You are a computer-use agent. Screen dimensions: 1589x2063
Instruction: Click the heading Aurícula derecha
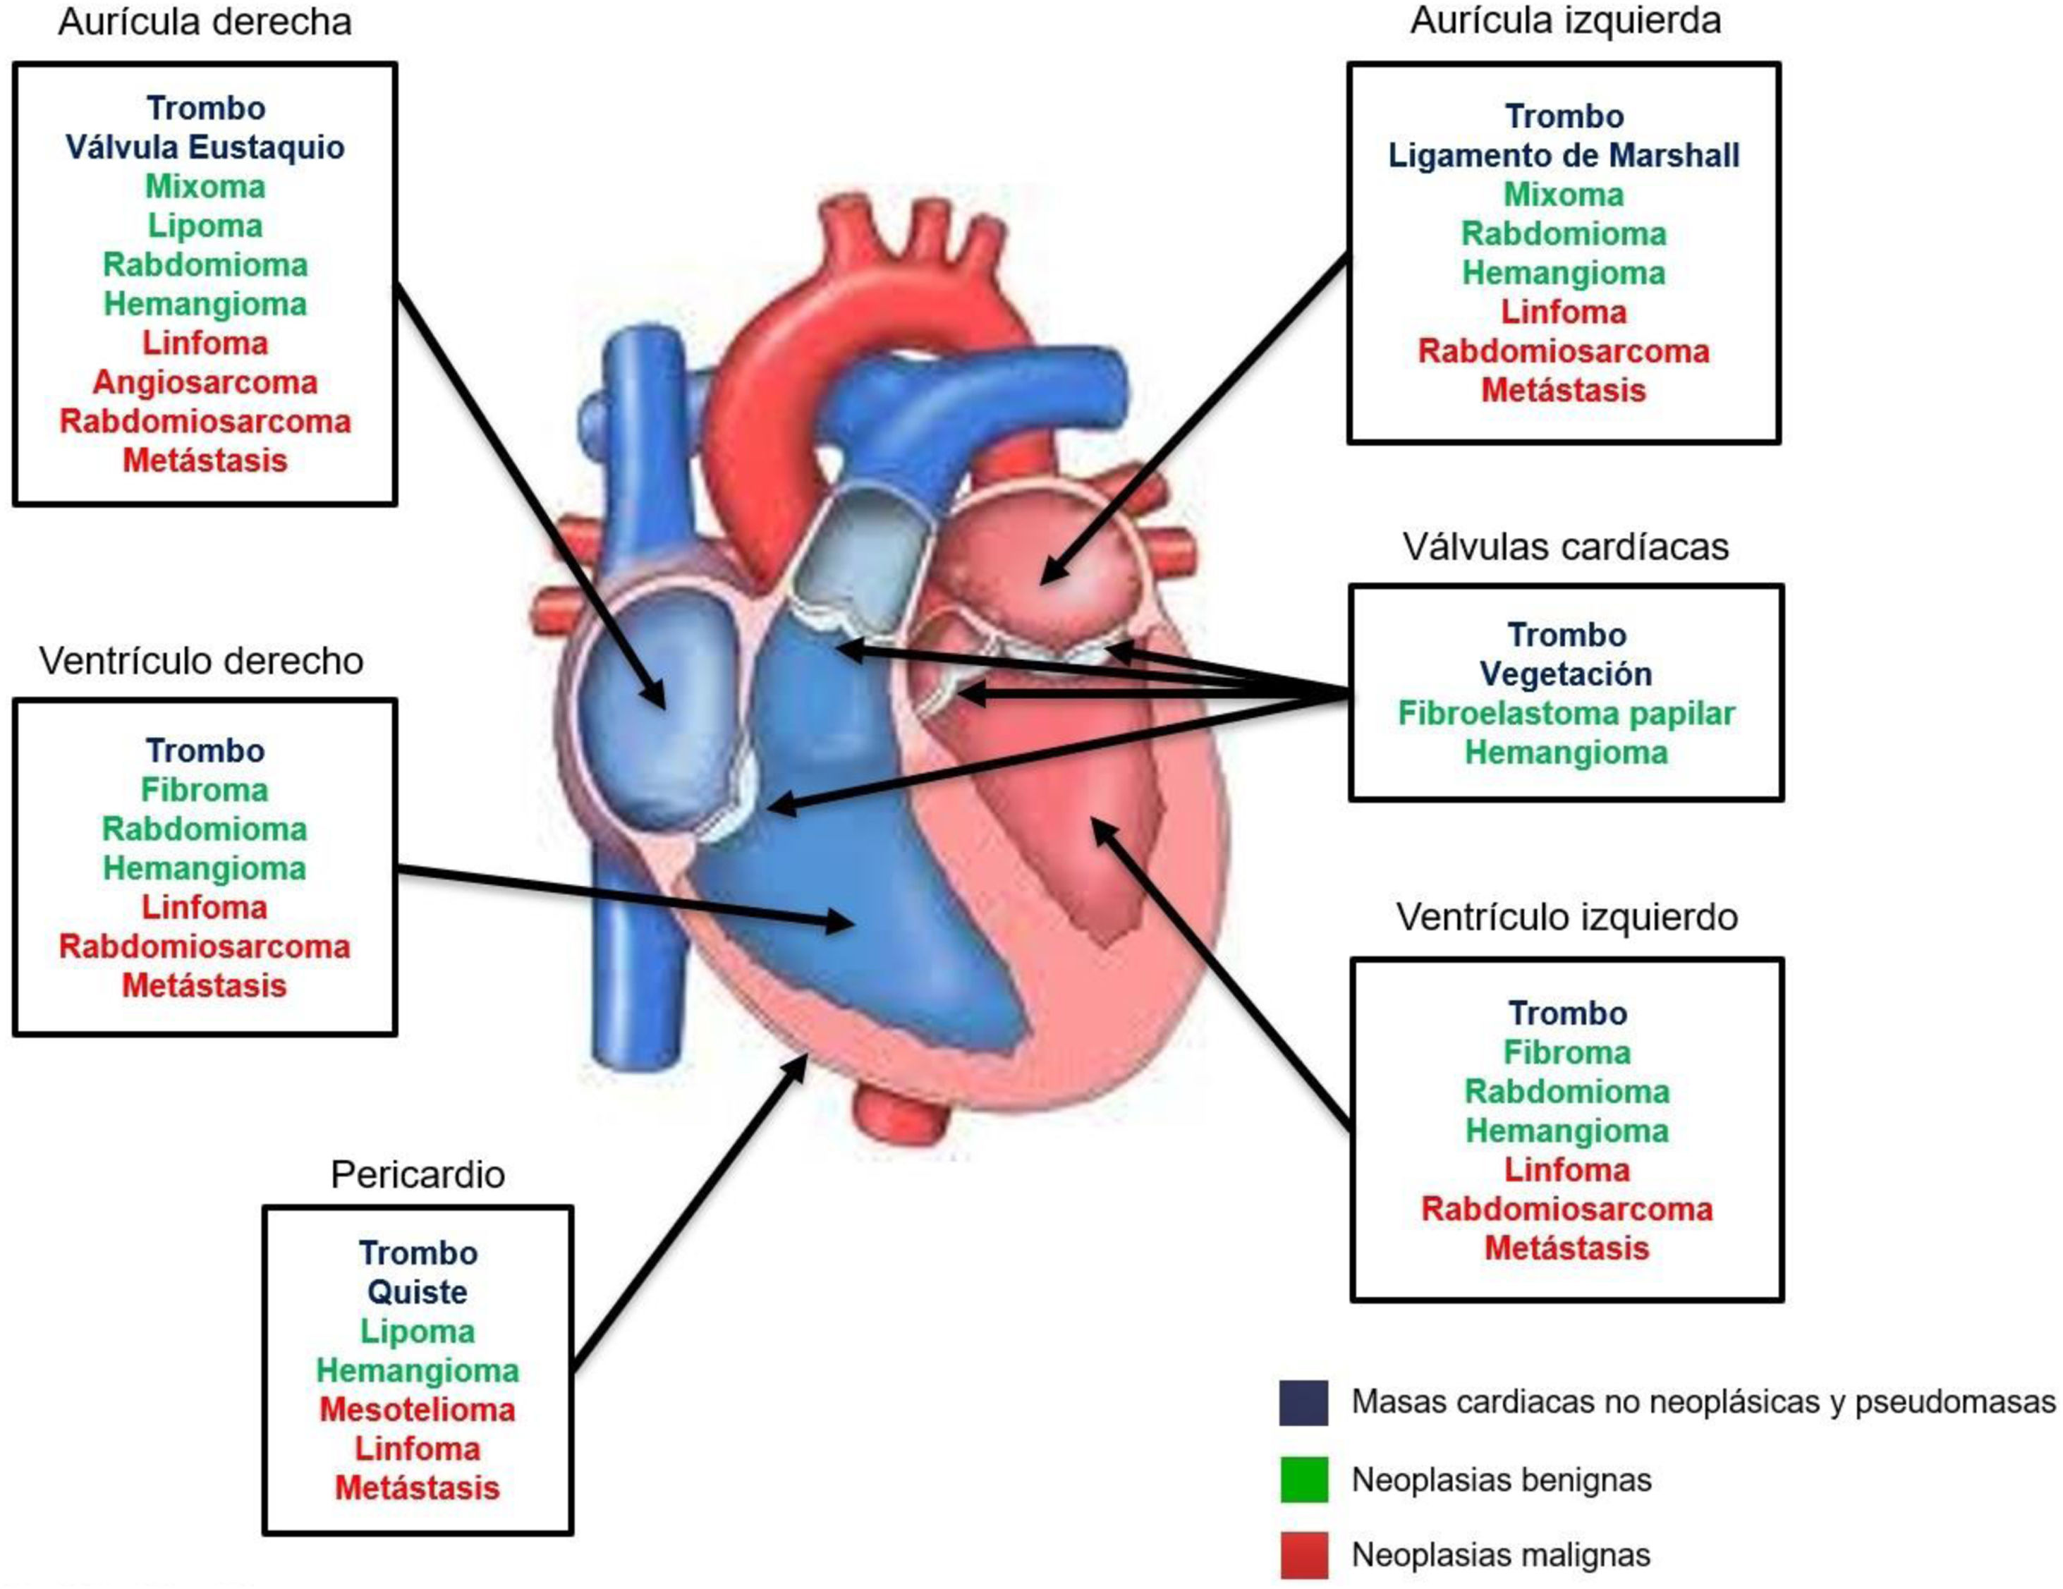(x=205, y=23)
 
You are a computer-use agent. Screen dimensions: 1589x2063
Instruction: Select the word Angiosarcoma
(x=205, y=382)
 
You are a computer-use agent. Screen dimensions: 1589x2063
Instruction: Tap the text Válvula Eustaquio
(x=205, y=147)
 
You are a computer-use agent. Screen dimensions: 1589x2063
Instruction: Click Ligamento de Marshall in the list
(x=1564, y=156)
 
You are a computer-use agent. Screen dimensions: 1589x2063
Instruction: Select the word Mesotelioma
(x=418, y=1409)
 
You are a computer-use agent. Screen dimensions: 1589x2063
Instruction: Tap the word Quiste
(x=418, y=1292)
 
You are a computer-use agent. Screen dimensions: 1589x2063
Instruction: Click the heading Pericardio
(x=418, y=1174)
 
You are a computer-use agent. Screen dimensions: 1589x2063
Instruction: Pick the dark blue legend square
(x=1303, y=1403)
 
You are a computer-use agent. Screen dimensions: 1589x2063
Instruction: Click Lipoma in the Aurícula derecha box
(x=205, y=226)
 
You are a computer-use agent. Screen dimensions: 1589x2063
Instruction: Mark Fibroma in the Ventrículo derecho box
(x=205, y=791)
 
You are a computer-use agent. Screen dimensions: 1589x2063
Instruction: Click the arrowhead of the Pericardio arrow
(x=799, y=1069)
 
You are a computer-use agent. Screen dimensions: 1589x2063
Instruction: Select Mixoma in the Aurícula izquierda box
(x=1564, y=195)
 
